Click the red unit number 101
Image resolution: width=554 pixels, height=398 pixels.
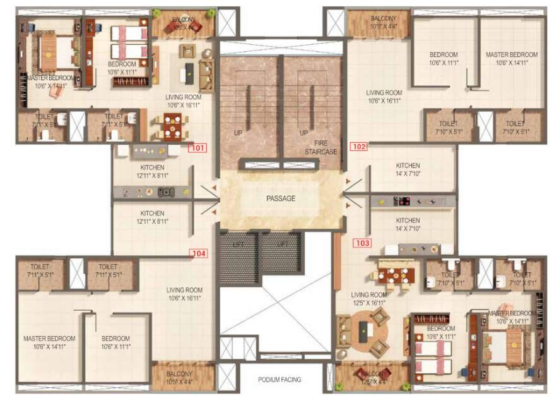197,149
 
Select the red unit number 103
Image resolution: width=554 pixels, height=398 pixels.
363,242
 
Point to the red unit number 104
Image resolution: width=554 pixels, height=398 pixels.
198,253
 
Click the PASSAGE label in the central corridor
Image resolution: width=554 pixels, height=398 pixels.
281,198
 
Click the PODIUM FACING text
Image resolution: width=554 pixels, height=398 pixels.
280,380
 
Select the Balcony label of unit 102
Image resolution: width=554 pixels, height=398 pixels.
384,23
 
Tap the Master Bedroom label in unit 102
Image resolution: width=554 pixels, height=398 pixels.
511,59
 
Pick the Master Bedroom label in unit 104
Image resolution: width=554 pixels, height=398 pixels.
49,342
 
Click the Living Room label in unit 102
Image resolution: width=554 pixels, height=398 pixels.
384,96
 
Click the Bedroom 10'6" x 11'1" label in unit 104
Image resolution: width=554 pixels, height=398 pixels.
115,342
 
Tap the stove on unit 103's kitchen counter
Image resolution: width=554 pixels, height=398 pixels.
402,202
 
